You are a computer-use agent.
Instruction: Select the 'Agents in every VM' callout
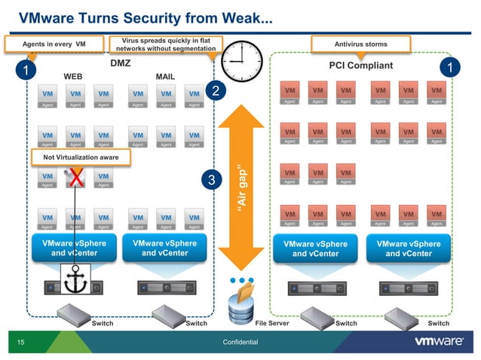54,44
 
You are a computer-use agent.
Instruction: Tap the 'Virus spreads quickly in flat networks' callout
164,44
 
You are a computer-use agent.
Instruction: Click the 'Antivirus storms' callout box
360,44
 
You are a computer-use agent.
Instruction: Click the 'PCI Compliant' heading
360,66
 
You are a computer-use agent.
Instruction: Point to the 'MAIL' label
164,77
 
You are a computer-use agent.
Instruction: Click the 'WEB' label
73,77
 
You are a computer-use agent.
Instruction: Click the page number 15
21,343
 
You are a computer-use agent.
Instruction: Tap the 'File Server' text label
272,323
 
